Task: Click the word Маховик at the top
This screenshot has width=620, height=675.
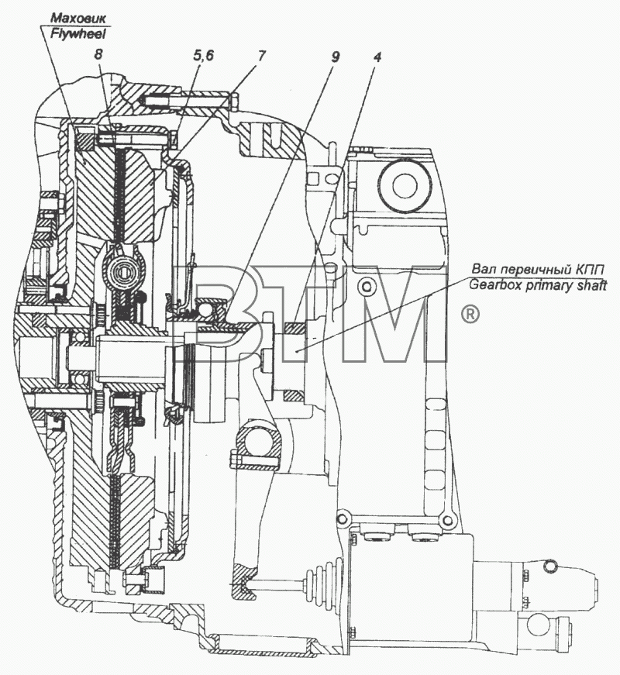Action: coord(78,19)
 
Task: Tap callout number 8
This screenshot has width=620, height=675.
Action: coord(98,56)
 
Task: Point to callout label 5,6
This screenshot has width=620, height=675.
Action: coord(203,56)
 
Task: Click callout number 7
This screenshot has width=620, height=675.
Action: coord(262,56)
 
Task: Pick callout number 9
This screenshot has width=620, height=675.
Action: coord(336,57)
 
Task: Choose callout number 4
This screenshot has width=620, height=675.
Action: coord(377,57)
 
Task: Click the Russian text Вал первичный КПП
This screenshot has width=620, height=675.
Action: coord(538,270)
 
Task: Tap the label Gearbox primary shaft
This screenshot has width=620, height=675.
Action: coord(538,285)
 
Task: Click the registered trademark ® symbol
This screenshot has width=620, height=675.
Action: coord(470,315)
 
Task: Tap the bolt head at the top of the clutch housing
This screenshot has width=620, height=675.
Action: coord(234,102)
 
